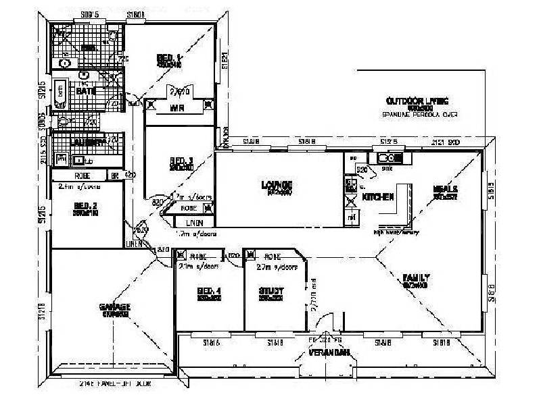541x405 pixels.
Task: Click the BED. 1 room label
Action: pos(168,58)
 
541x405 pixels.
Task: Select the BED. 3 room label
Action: pos(181,161)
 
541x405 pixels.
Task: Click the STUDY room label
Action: pos(270,291)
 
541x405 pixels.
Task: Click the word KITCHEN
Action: pos(379,197)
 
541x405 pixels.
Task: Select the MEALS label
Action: pos(446,189)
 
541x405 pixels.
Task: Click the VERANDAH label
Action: pos(329,353)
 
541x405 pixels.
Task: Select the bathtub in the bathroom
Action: pos(60,94)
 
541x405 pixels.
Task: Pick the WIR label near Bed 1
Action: pos(178,107)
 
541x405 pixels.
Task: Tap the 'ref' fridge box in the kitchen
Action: pos(351,218)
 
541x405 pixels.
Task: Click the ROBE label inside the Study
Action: pos(273,256)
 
